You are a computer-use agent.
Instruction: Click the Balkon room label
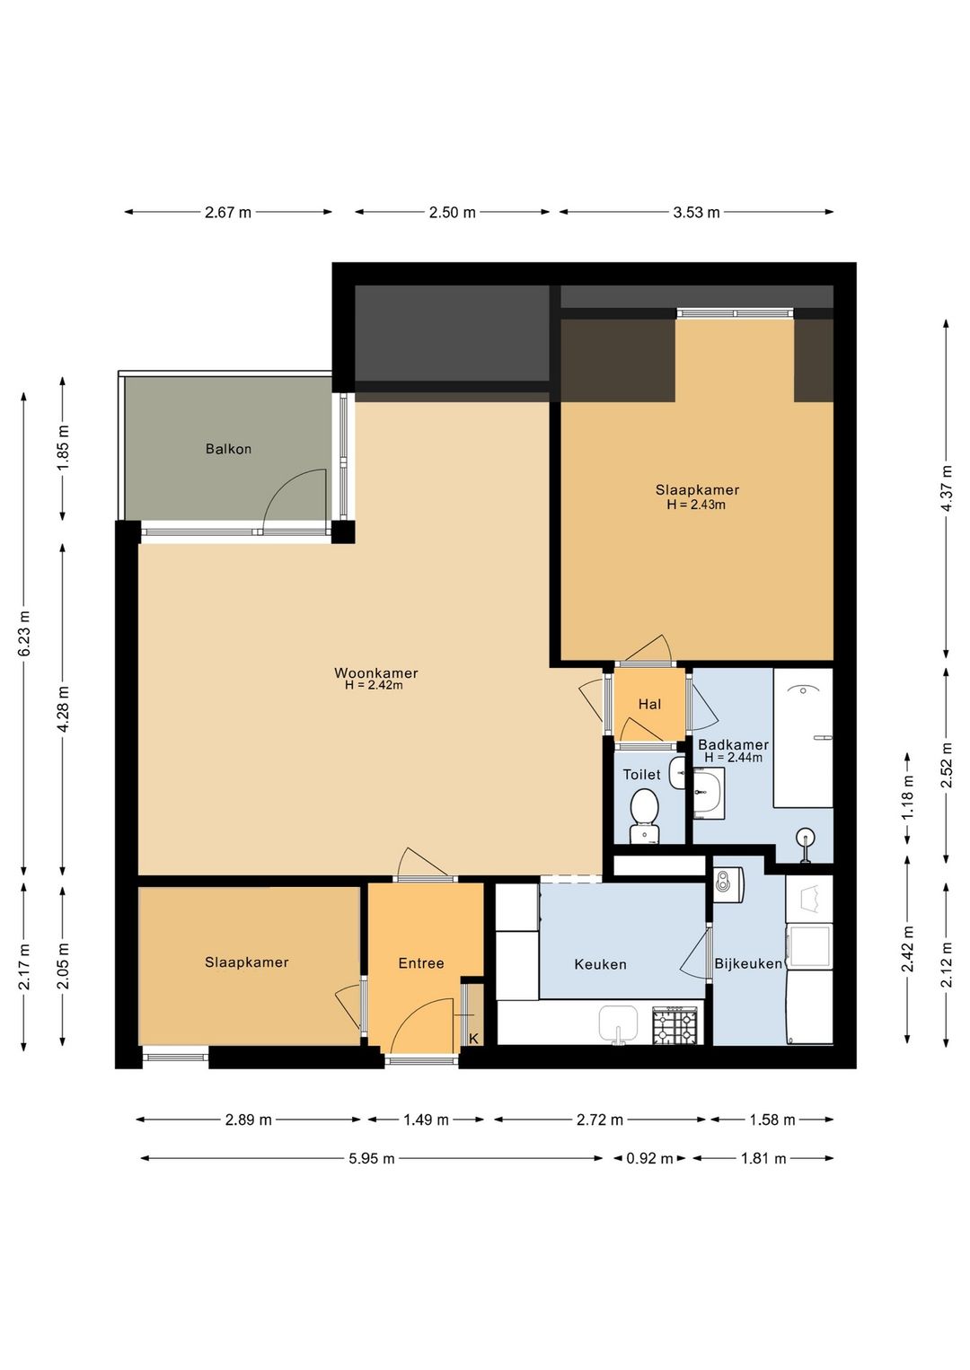tap(228, 449)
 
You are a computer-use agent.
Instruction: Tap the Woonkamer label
tap(375, 672)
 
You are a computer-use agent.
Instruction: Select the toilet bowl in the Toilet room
tap(644, 814)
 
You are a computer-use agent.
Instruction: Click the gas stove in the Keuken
tap(675, 1026)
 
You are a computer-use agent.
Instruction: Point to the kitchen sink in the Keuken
tap(618, 1024)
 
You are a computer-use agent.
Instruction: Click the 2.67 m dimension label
tap(227, 212)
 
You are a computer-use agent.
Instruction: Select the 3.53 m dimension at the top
tap(696, 212)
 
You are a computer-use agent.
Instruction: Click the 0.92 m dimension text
tap(649, 1158)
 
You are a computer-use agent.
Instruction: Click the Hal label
tap(649, 704)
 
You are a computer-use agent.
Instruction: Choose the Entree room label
tap(421, 963)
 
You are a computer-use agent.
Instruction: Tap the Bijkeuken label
tap(748, 964)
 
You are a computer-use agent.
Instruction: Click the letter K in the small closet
tap(473, 1039)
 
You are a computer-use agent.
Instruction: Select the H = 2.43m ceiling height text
tap(696, 505)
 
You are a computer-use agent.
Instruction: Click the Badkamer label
tap(733, 745)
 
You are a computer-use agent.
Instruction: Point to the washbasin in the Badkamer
tap(709, 793)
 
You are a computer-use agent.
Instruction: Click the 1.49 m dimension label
tap(426, 1120)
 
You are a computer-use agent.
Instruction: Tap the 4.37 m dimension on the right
tap(947, 488)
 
